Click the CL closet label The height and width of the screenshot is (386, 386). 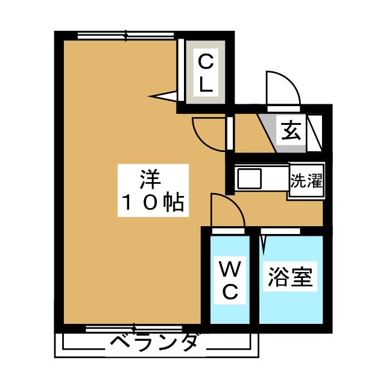(x=206, y=72)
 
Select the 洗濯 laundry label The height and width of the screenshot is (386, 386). (x=306, y=180)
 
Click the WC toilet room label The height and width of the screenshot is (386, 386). (x=230, y=280)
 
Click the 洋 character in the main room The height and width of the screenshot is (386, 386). (x=149, y=179)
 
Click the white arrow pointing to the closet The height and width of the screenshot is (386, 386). (x=164, y=95)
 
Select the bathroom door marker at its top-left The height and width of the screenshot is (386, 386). (x=264, y=243)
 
